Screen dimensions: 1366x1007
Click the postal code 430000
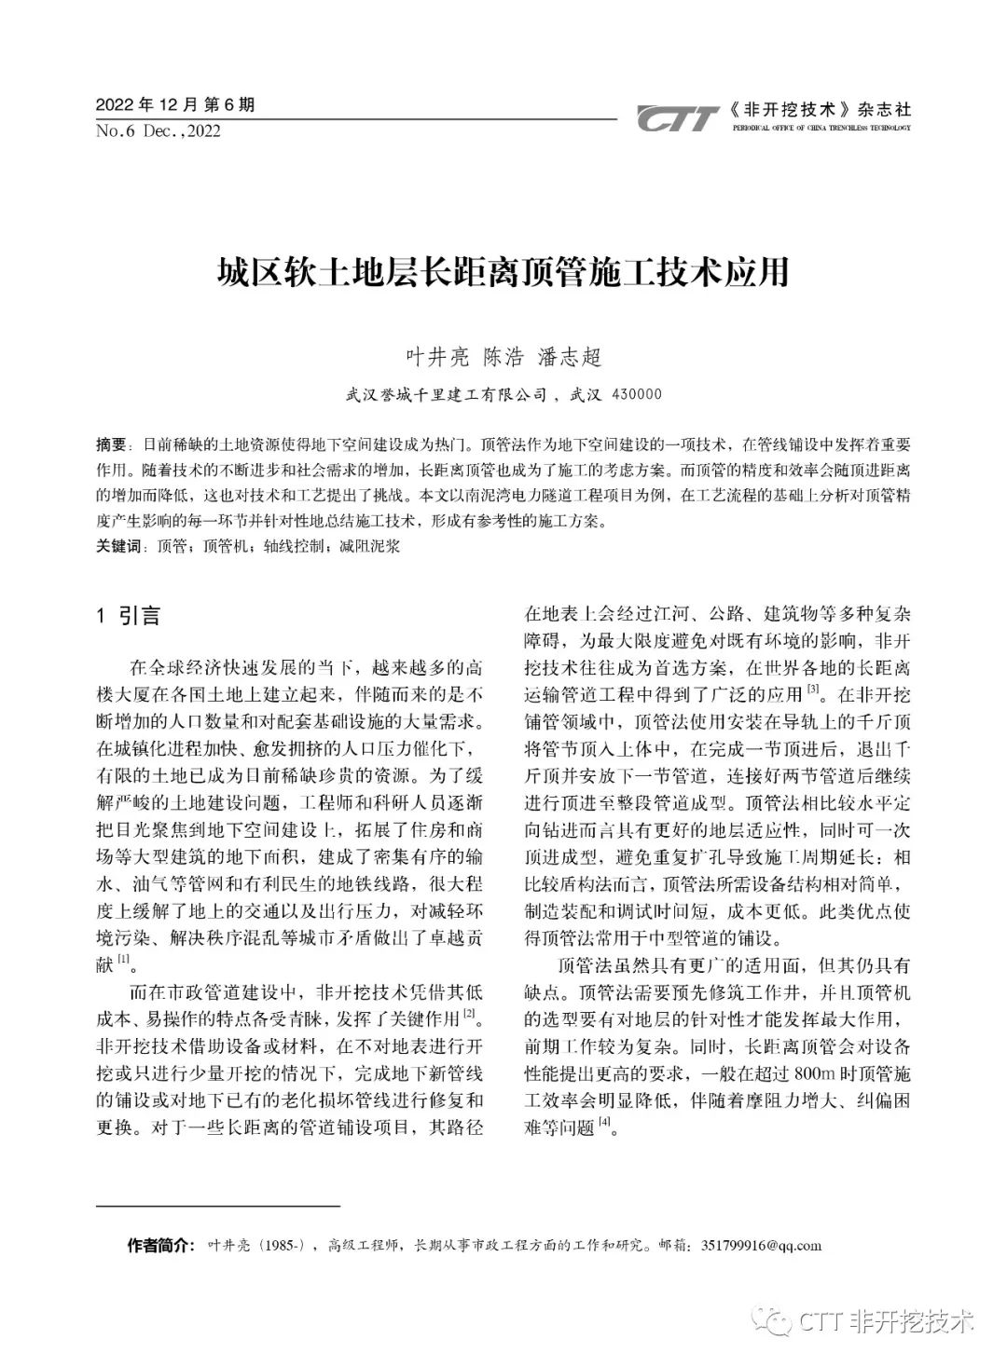(x=637, y=394)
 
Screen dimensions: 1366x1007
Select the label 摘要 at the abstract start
(x=111, y=444)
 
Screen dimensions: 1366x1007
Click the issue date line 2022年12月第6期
(x=175, y=105)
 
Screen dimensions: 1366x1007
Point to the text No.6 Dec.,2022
(x=159, y=131)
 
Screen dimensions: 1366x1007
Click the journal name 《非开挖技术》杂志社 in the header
(x=821, y=108)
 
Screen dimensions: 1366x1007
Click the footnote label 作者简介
(x=159, y=1245)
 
